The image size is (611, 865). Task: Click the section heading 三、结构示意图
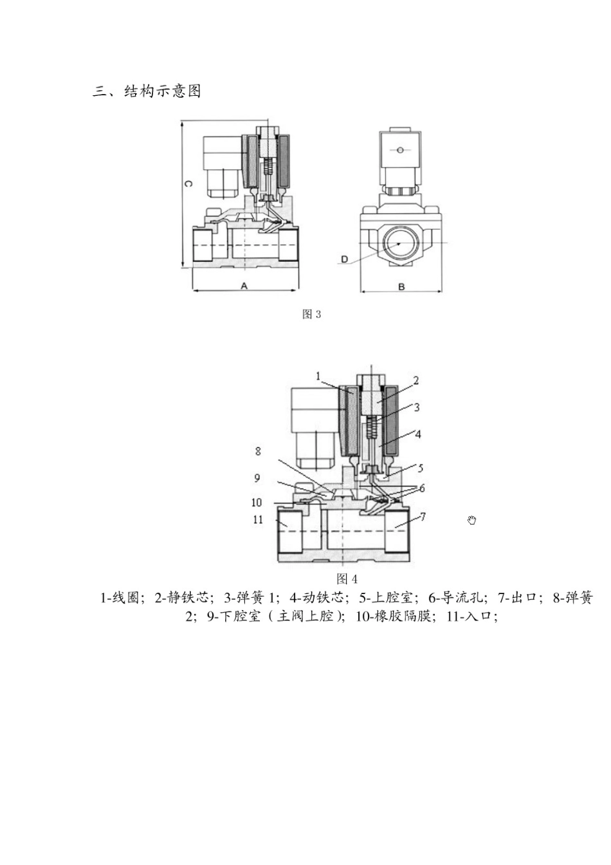tap(147, 91)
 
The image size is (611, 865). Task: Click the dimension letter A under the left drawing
tap(244, 285)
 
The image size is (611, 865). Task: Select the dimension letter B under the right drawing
tap(401, 286)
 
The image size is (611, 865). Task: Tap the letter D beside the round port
tap(345, 259)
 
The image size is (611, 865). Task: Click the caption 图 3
tap(311, 314)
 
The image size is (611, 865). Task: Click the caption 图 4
tap(347, 579)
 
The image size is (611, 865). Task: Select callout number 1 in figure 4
tap(318, 376)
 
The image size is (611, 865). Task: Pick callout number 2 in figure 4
tap(415, 380)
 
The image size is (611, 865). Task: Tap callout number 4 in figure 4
tap(417, 434)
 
